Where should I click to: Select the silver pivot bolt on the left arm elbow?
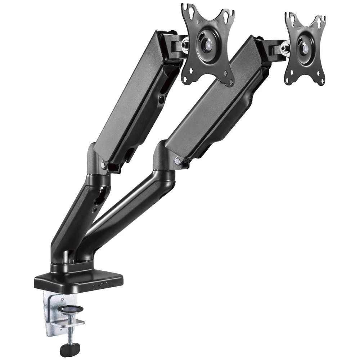point(104,165)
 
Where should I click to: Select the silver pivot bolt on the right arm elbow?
point(177,161)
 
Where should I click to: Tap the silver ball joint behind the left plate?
point(185,45)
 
